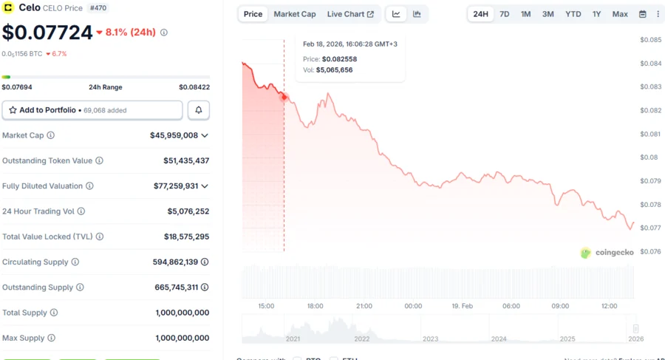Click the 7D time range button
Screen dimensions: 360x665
[504, 14]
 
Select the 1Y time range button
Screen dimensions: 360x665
[596, 14]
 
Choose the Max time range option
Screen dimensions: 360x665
[620, 14]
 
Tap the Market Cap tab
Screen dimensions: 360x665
[294, 14]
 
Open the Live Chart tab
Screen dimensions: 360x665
[350, 14]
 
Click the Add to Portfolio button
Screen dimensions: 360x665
[92, 110]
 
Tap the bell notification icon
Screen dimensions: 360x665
[198, 110]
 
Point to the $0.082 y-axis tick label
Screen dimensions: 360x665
[650, 110]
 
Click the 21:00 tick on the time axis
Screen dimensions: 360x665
[364, 306]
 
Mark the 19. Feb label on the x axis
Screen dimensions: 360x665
[462, 306]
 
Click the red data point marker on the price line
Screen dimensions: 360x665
[284, 97]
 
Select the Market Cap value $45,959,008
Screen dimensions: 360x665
[174, 135]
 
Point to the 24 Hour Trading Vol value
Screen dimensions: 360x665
[188, 211]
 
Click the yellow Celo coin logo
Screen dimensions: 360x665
[9, 8]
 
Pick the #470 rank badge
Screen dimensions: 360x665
[98, 8]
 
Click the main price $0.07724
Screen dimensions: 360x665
[47, 33]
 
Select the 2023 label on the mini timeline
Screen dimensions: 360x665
[430, 339]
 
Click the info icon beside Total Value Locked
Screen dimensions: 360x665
[100, 237]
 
